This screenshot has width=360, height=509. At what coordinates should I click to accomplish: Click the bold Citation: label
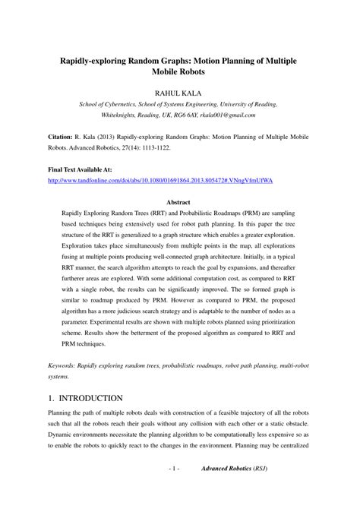click(x=63, y=140)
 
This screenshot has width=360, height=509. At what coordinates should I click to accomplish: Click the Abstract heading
click(x=179, y=203)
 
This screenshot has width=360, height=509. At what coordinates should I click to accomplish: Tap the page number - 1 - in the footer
click(x=173, y=490)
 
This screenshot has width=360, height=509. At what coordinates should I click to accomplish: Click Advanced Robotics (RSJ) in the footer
click(x=234, y=490)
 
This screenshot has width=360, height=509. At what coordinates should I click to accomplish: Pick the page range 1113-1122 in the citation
click(x=229, y=151)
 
